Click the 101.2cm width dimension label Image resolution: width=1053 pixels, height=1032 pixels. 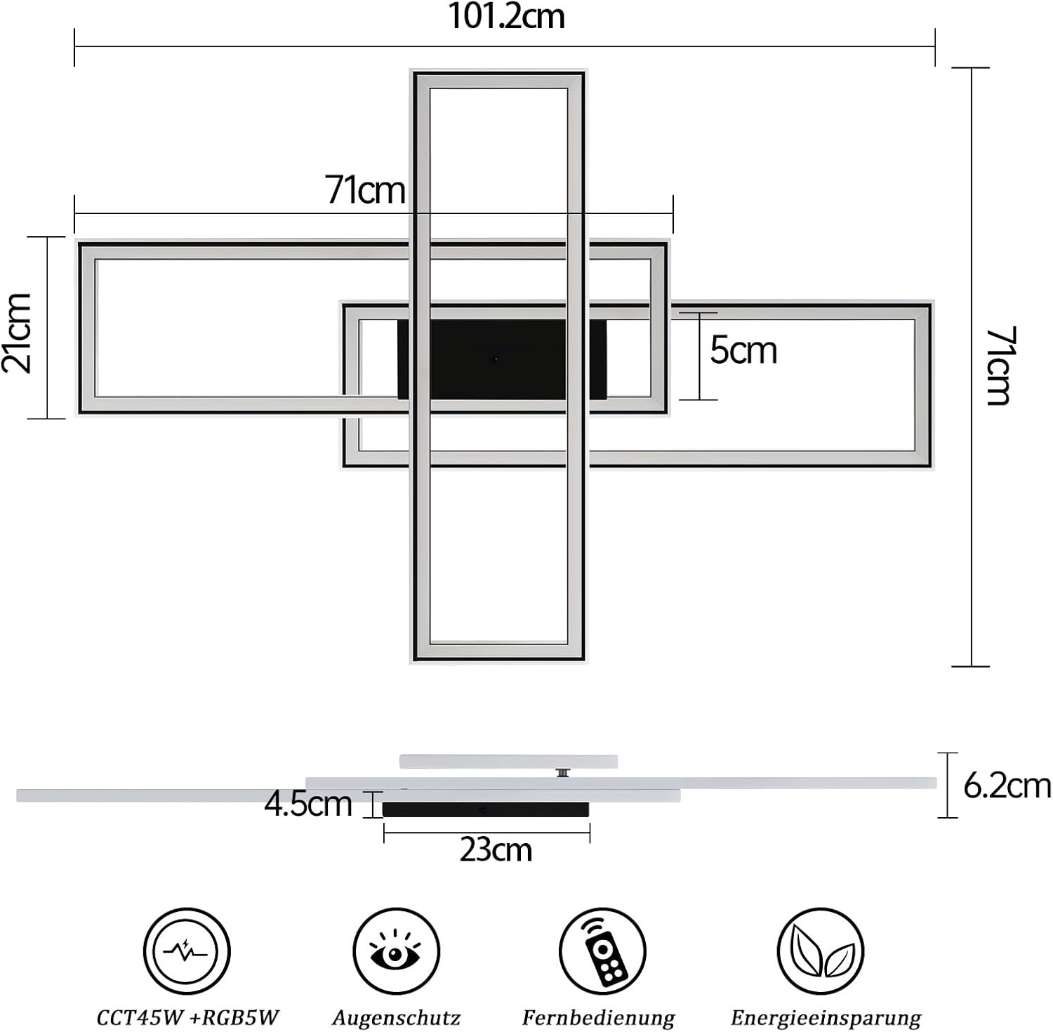point(506,16)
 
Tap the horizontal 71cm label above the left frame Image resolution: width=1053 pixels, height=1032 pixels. point(365,190)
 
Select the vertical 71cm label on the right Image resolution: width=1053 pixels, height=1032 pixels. point(999,366)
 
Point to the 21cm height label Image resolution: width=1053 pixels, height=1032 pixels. point(18,333)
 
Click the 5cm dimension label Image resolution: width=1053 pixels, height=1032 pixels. point(743,350)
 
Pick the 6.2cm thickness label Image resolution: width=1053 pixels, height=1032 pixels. point(1007,785)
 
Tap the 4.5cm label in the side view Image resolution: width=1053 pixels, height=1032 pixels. point(307,804)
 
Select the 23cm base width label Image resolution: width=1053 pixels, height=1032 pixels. point(496,850)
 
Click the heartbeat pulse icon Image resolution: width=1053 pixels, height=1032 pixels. point(186,951)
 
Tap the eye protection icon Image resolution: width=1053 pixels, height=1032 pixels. point(396,951)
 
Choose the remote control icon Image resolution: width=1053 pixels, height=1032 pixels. point(602,951)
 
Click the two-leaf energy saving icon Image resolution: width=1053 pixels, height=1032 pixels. point(821,951)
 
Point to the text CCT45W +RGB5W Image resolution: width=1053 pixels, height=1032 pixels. point(187,1017)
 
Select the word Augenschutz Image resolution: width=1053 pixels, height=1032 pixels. point(396,1017)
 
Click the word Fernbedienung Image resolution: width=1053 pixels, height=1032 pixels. point(598,1017)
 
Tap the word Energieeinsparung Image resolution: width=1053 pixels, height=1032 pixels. point(826,1017)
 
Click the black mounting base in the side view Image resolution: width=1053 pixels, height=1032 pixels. point(486,809)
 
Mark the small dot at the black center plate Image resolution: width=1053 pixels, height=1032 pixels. point(494,359)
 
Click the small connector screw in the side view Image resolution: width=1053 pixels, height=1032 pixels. point(562,773)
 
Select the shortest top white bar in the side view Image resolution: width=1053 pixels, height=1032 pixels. point(508,761)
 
